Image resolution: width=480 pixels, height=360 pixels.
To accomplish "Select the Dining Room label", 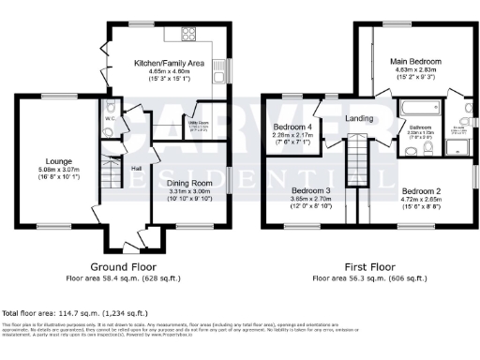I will tap(190, 183).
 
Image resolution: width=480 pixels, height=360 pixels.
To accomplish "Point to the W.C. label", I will tap(110, 119).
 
